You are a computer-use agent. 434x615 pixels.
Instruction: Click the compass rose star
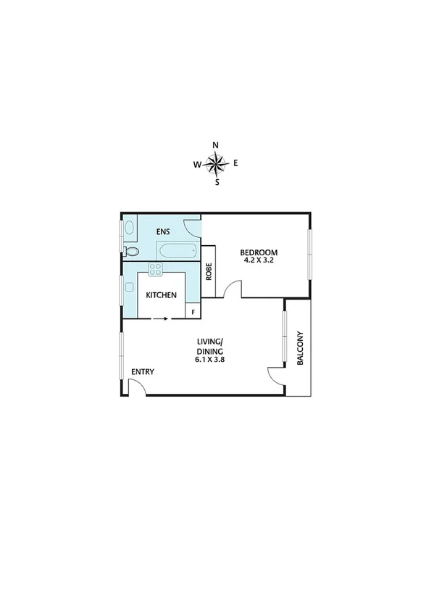(x=216, y=164)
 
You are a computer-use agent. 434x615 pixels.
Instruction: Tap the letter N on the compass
(x=216, y=145)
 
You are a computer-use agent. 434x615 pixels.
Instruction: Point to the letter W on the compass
(x=196, y=165)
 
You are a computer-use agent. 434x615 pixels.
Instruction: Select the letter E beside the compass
(x=235, y=164)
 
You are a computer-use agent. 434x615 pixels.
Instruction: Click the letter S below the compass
(x=217, y=183)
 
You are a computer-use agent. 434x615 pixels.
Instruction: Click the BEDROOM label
(x=260, y=252)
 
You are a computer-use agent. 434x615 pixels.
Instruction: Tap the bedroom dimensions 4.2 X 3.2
(x=260, y=260)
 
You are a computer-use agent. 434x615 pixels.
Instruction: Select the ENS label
(x=164, y=232)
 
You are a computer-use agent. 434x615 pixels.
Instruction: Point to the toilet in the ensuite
(x=130, y=252)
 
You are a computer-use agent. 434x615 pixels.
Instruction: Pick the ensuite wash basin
(x=129, y=227)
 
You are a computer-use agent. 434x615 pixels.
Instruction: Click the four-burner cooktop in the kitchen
(x=155, y=270)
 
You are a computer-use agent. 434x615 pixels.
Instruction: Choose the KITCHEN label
(x=161, y=295)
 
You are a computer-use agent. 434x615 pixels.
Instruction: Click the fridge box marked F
(x=193, y=313)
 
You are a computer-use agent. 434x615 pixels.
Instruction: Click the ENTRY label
(x=143, y=372)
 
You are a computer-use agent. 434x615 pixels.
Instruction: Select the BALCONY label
(x=298, y=349)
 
